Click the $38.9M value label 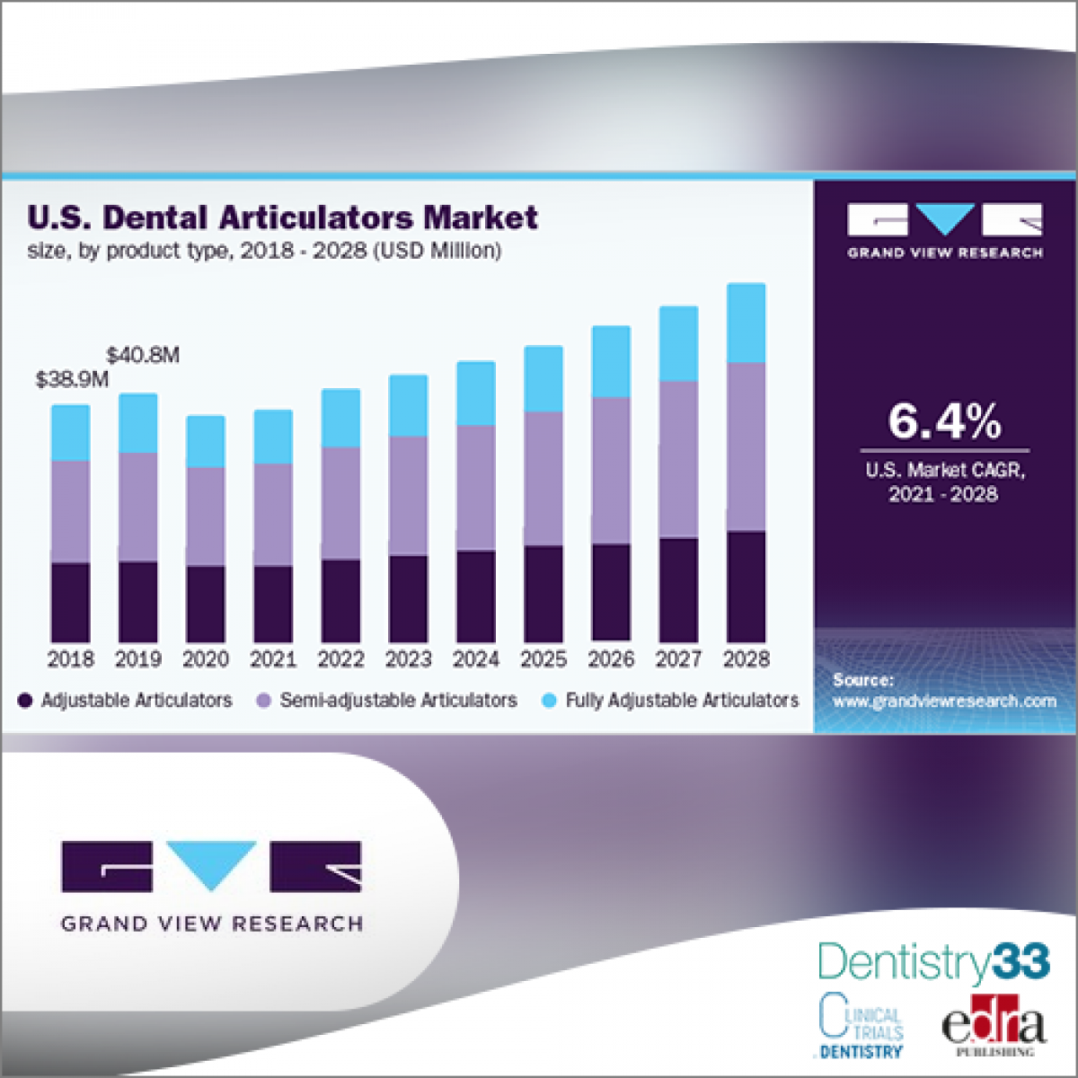pyautogui.click(x=72, y=379)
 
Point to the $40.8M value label pyautogui.click(x=143, y=355)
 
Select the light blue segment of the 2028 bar pyautogui.click(x=746, y=323)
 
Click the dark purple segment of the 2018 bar pyautogui.click(x=70, y=602)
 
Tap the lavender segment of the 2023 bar pyautogui.click(x=408, y=496)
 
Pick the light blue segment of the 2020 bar pyautogui.click(x=206, y=441)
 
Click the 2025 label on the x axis pyautogui.click(x=543, y=659)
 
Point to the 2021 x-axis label pyautogui.click(x=273, y=659)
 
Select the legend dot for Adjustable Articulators pyautogui.click(x=25, y=701)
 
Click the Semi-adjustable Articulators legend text pyautogui.click(x=398, y=701)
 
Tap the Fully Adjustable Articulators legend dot pyautogui.click(x=550, y=701)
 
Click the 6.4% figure pyautogui.click(x=944, y=421)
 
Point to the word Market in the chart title pyautogui.click(x=481, y=217)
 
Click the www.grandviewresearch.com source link pyautogui.click(x=944, y=702)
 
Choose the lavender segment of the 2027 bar pyautogui.click(x=678, y=460)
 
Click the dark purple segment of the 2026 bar pyautogui.click(x=611, y=593)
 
